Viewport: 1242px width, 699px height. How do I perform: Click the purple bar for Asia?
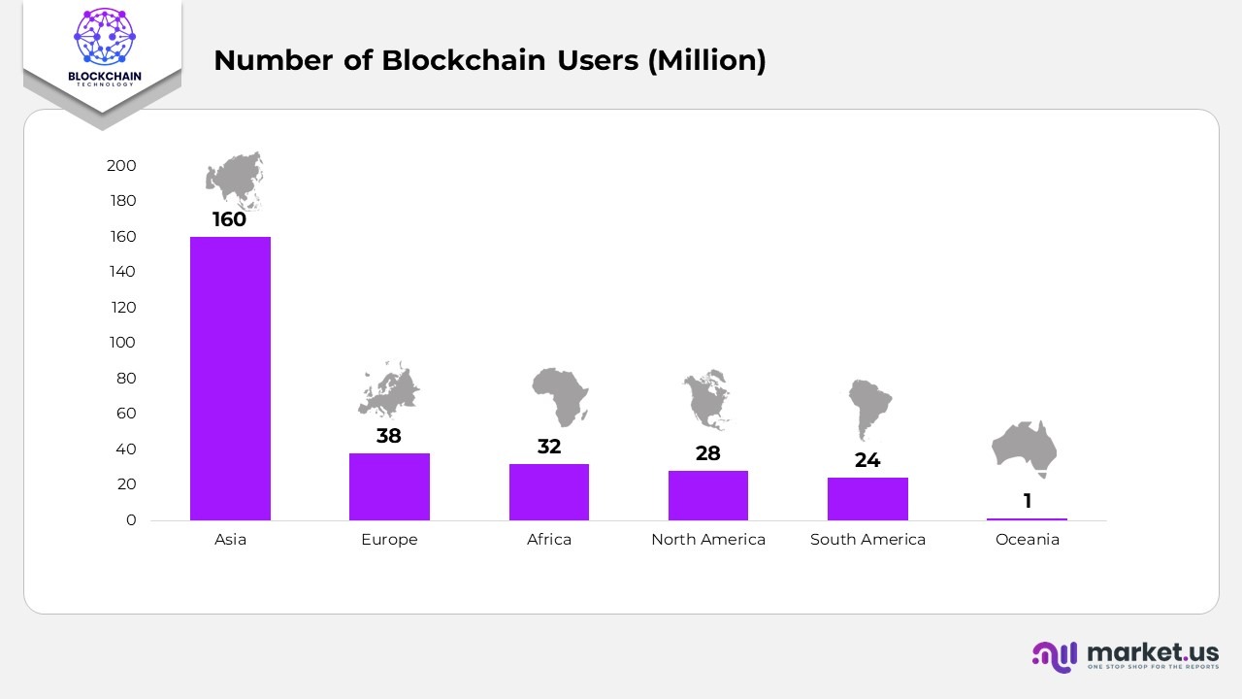tap(230, 378)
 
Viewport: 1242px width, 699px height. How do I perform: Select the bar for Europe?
tap(389, 486)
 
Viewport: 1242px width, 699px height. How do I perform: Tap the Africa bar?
tap(548, 491)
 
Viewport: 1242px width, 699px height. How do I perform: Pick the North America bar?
tap(707, 495)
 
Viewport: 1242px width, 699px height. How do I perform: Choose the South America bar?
tap(867, 498)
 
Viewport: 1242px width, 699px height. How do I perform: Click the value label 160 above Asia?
tap(230, 219)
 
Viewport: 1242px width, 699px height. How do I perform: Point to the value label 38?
tap(389, 436)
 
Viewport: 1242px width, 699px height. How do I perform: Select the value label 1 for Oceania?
tap(1027, 501)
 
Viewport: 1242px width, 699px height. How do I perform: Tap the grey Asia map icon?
tap(235, 179)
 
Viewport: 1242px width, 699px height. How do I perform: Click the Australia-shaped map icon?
tap(1025, 448)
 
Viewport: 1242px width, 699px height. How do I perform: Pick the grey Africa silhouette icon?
tap(560, 395)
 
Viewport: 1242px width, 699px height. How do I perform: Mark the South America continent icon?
tap(867, 406)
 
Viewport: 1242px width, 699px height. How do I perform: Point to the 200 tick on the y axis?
tap(121, 166)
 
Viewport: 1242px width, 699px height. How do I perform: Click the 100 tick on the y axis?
tap(121, 343)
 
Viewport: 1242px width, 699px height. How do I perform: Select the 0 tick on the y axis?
tap(131, 520)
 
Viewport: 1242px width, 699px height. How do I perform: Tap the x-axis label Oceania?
tap(1027, 540)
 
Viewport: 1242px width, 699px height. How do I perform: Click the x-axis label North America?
tap(707, 540)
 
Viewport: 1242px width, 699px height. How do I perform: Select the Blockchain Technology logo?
tap(102, 49)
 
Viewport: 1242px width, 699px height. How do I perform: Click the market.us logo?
tap(1126, 655)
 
